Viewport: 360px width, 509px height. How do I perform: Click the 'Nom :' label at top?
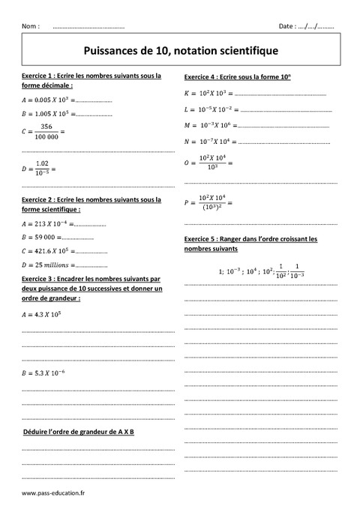pyautogui.click(x=31, y=25)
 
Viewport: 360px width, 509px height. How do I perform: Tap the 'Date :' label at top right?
pyautogui.click(x=288, y=25)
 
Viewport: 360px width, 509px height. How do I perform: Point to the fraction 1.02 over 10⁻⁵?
pyautogui.click(x=42, y=169)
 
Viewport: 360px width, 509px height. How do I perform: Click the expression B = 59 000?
pyautogui.click(x=42, y=237)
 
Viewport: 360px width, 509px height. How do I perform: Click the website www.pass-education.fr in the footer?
pyautogui.click(x=54, y=493)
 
